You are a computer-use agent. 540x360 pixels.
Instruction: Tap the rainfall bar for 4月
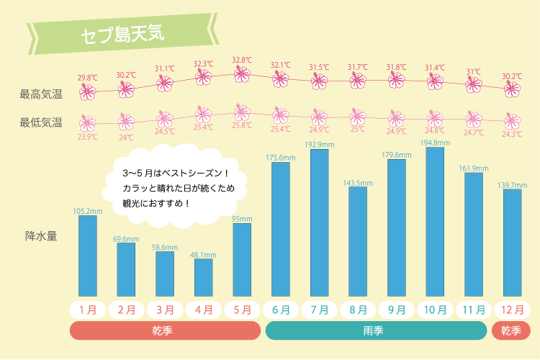[204, 278]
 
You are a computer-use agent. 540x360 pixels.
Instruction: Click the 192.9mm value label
[320, 145]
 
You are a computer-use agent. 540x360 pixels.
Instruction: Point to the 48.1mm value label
[204, 254]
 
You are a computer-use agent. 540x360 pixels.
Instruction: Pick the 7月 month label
[320, 310]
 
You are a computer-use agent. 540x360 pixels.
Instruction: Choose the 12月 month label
[512, 310]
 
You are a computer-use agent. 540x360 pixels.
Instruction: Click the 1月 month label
[88, 310]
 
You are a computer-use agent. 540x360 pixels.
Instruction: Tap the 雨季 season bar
[377, 330]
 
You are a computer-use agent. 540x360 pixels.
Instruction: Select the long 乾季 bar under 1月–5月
[165, 330]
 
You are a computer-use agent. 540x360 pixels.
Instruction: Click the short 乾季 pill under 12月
[511, 330]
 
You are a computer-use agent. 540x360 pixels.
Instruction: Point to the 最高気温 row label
[41, 94]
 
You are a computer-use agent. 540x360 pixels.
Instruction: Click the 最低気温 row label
[41, 122]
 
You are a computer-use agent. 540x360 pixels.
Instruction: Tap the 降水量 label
[41, 235]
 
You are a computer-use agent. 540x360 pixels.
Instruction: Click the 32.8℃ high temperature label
[242, 60]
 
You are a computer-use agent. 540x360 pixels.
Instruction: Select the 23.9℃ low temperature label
[87, 137]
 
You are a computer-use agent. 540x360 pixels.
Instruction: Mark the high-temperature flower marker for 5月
[242, 73]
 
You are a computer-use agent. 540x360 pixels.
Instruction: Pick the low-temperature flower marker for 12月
[512, 120]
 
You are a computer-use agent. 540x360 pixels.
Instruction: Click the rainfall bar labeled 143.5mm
[358, 242]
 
